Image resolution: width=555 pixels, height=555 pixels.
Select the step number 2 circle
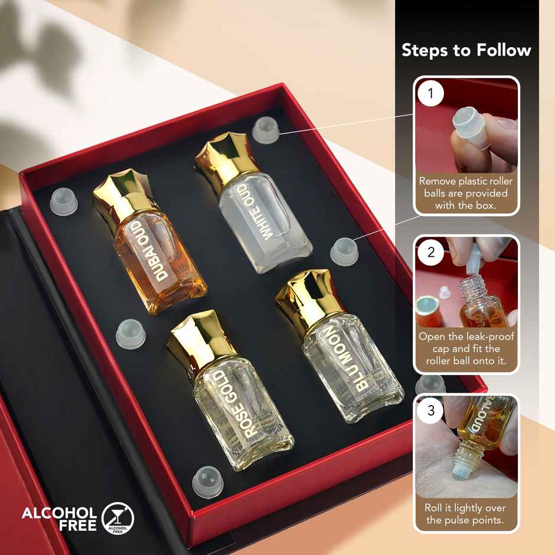tap(430, 253)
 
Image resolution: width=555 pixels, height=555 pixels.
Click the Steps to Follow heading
tap(466, 50)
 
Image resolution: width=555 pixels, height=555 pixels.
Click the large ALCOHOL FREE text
tap(59, 518)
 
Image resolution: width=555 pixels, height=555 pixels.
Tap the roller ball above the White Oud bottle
tap(265, 129)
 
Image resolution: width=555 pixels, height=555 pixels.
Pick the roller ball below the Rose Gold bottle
tap(205, 476)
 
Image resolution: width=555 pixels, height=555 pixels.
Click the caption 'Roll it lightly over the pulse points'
tap(466, 514)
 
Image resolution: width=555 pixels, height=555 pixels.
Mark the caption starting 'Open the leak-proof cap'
tap(466, 348)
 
